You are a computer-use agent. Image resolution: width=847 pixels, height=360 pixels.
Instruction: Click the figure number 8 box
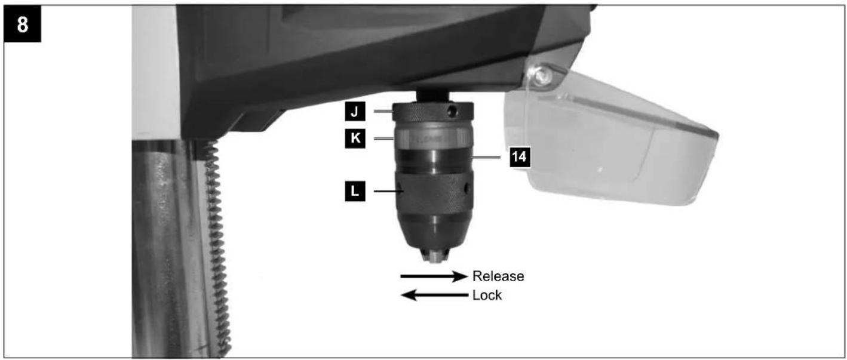[x=22, y=24]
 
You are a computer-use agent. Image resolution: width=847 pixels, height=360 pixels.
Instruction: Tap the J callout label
[x=355, y=112]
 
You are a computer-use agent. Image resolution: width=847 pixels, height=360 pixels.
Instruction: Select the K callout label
[x=355, y=139]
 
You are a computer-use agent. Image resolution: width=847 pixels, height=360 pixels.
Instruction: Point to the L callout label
[x=355, y=191]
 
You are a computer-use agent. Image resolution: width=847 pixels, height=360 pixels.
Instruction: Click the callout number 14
[x=520, y=156]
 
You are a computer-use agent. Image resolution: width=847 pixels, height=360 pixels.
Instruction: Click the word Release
[x=498, y=276]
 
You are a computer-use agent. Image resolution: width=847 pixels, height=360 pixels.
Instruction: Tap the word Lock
[x=487, y=295]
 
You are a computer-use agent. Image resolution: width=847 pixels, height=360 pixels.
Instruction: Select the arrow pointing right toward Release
[x=434, y=276]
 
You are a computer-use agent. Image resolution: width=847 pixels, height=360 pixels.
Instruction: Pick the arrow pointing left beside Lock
[x=434, y=295]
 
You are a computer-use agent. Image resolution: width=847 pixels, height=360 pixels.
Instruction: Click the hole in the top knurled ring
[x=451, y=110]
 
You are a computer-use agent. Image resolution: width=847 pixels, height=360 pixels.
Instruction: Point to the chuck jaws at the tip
[x=435, y=256]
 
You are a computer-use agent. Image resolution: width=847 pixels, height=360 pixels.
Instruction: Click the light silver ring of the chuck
[x=433, y=138]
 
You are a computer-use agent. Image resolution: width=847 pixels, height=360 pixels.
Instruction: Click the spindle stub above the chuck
[x=433, y=96]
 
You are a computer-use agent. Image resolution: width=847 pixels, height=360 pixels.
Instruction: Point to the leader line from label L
[x=389, y=191]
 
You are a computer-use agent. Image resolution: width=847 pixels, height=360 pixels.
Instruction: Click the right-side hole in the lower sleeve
[x=467, y=187]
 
